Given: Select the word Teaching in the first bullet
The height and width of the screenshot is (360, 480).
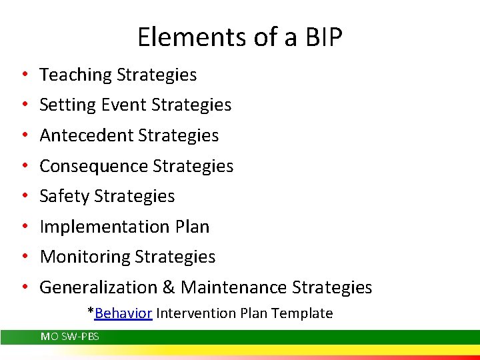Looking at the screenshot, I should (75, 75).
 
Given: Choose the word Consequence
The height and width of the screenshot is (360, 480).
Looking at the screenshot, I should (94, 166).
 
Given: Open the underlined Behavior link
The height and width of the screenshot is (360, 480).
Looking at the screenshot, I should (124, 313).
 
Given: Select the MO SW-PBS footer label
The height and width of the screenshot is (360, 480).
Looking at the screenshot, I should (70, 337).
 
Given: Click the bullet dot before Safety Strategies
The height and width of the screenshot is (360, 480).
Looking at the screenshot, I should (24, 197).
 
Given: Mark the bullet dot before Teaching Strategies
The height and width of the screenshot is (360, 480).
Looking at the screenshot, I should (24, 75).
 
